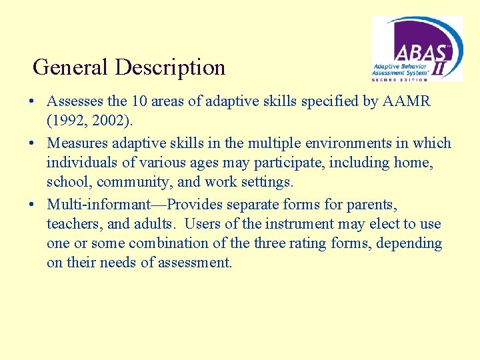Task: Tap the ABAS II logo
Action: (x=417, y=49)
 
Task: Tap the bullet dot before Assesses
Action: (x=31, y=102)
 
